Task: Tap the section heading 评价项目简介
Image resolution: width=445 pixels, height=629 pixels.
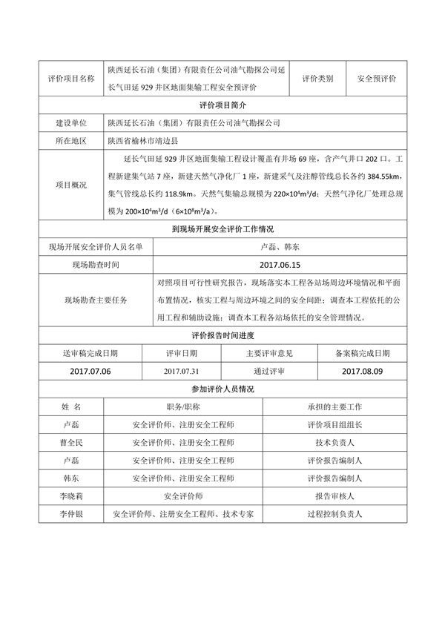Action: tap(222, 105)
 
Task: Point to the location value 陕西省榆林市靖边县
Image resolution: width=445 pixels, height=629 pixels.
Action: tap(148, 140)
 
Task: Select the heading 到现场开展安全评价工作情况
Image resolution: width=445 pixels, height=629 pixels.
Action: tap(222, 230)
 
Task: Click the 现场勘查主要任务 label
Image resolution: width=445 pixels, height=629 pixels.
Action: tap(96, 300)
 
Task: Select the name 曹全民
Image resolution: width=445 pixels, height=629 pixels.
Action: tap(72, 443)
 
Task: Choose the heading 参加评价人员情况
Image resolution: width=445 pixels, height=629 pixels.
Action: tap(222, 389)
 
